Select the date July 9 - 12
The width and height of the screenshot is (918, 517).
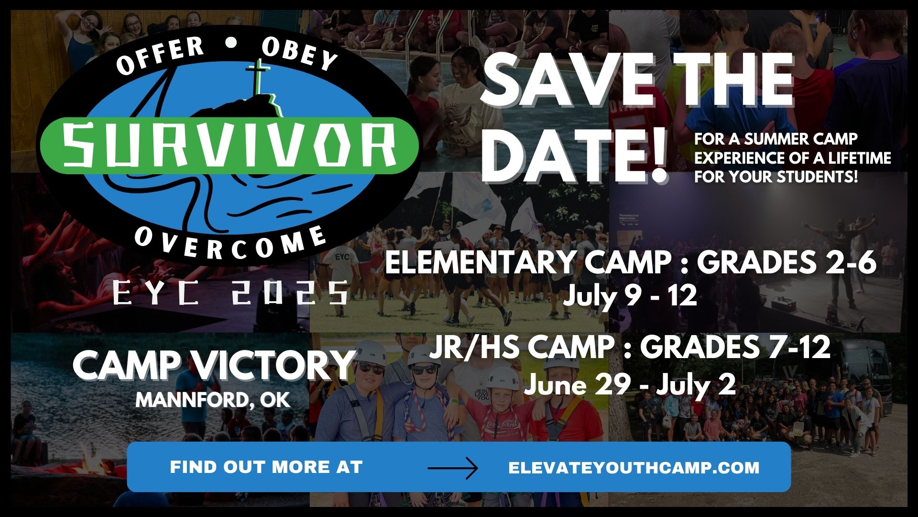pos(629,296)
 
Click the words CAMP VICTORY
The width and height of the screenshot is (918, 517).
pos(213,365)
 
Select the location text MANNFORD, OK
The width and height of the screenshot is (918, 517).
pos(213,400)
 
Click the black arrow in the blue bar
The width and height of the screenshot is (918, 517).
pos(452,467)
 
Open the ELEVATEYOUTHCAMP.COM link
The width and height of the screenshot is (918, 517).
pos(634,467)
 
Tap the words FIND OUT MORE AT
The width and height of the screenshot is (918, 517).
pos(266,467)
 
